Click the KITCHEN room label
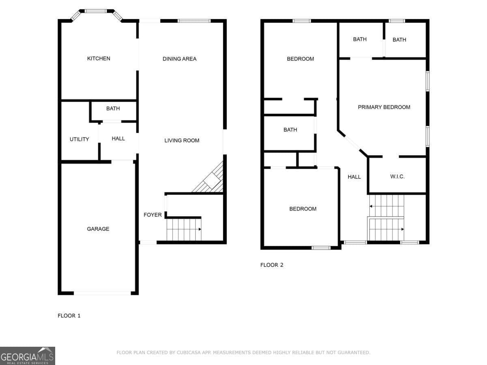(99, 58)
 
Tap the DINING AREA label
(179, 59)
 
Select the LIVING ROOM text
(182, 140)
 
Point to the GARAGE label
(98, 229)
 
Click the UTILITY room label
(79, 139)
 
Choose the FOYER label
(153, 215)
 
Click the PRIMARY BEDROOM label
(384, 107)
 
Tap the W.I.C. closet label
(397, 176)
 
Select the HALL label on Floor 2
(354, 176)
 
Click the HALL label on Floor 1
(118, 138)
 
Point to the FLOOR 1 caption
(69, 316)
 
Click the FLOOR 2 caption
(272, 265)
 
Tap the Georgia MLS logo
(27, 356)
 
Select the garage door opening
(102, 293)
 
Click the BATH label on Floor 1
(113, 108)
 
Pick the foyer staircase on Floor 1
(184, 230)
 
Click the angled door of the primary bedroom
(352, 143)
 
